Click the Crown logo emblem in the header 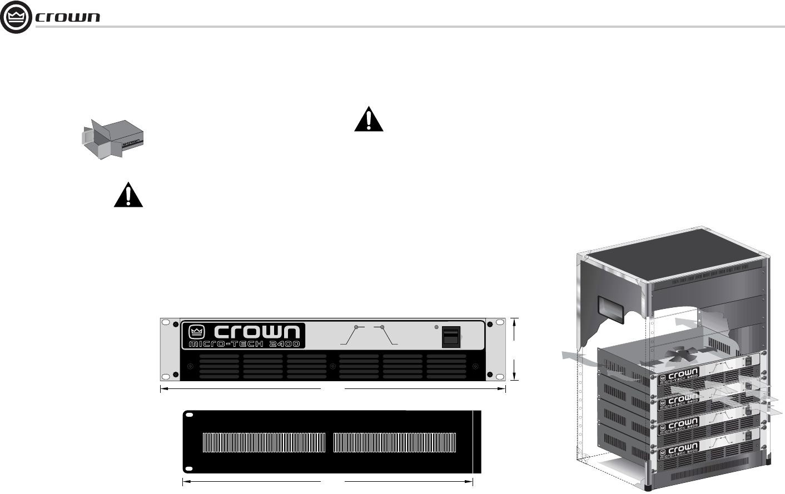tap(17, 17)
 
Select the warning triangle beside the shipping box tap(128, 195)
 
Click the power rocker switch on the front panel tap(451, 337)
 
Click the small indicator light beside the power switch tap(436, 327)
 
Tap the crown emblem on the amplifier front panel tap(196, 332)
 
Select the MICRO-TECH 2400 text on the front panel tap(245, 344)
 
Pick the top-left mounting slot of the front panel tap(165, 323)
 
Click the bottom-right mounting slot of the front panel tap(499, 377)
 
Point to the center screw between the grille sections tap(332, 366)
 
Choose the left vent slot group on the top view tap(264, 442)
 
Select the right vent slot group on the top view tap(395, 442)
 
